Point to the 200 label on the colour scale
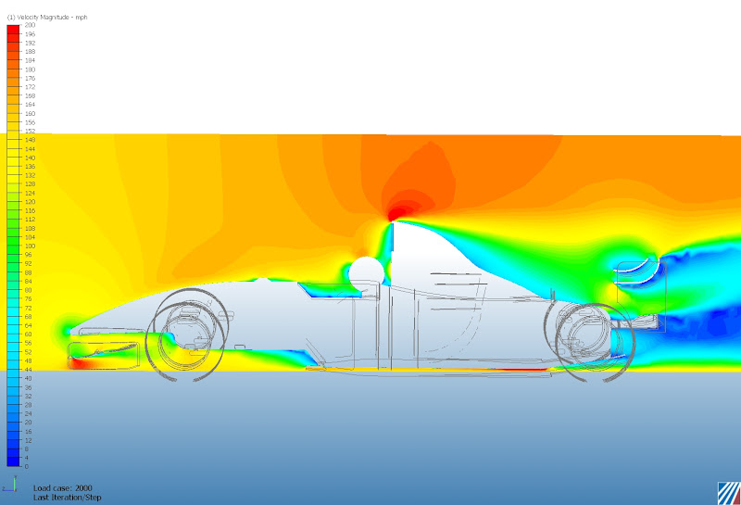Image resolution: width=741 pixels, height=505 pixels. [x=30, y=26]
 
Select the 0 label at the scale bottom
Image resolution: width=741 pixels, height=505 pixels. [x=26, y=466]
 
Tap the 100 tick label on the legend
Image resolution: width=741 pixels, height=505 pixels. [x=30, y=246]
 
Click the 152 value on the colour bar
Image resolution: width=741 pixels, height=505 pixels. [x=30, y=132]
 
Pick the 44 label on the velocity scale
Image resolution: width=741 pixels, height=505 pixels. [x=29, y=369]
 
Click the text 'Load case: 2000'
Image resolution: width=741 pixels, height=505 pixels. [x=62, y=488]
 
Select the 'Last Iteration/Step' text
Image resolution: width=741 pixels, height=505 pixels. [x=68, y=498]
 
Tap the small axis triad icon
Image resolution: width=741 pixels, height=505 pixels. [x=13, y=485]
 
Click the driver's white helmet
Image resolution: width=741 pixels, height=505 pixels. [x=366, y=273]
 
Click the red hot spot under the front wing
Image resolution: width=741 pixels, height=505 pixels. [x=82, y=363]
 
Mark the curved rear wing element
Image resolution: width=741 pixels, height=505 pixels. [x=638, y=271]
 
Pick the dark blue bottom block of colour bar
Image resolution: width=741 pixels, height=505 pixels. [x=13, y=461]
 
